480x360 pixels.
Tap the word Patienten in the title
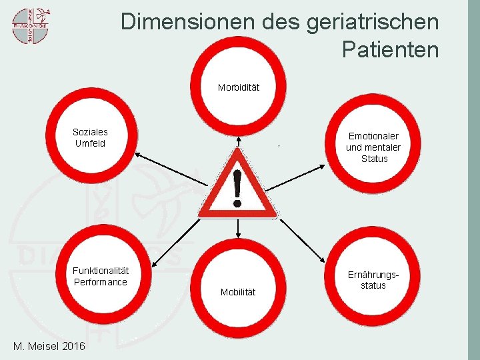click(390, 49)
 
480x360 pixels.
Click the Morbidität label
click(239, 87)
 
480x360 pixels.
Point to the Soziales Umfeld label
click(90, 137)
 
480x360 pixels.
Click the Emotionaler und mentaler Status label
click(373, 147)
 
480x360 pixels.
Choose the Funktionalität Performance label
click(101, 276)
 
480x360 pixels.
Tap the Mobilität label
click(238, 292)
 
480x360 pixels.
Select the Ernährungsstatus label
click(373, 280)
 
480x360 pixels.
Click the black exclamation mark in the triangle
click(237, 186)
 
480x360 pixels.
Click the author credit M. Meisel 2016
click(49, 347)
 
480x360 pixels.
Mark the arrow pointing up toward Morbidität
click(239, 140)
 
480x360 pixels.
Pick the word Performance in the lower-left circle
click(101, 282)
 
